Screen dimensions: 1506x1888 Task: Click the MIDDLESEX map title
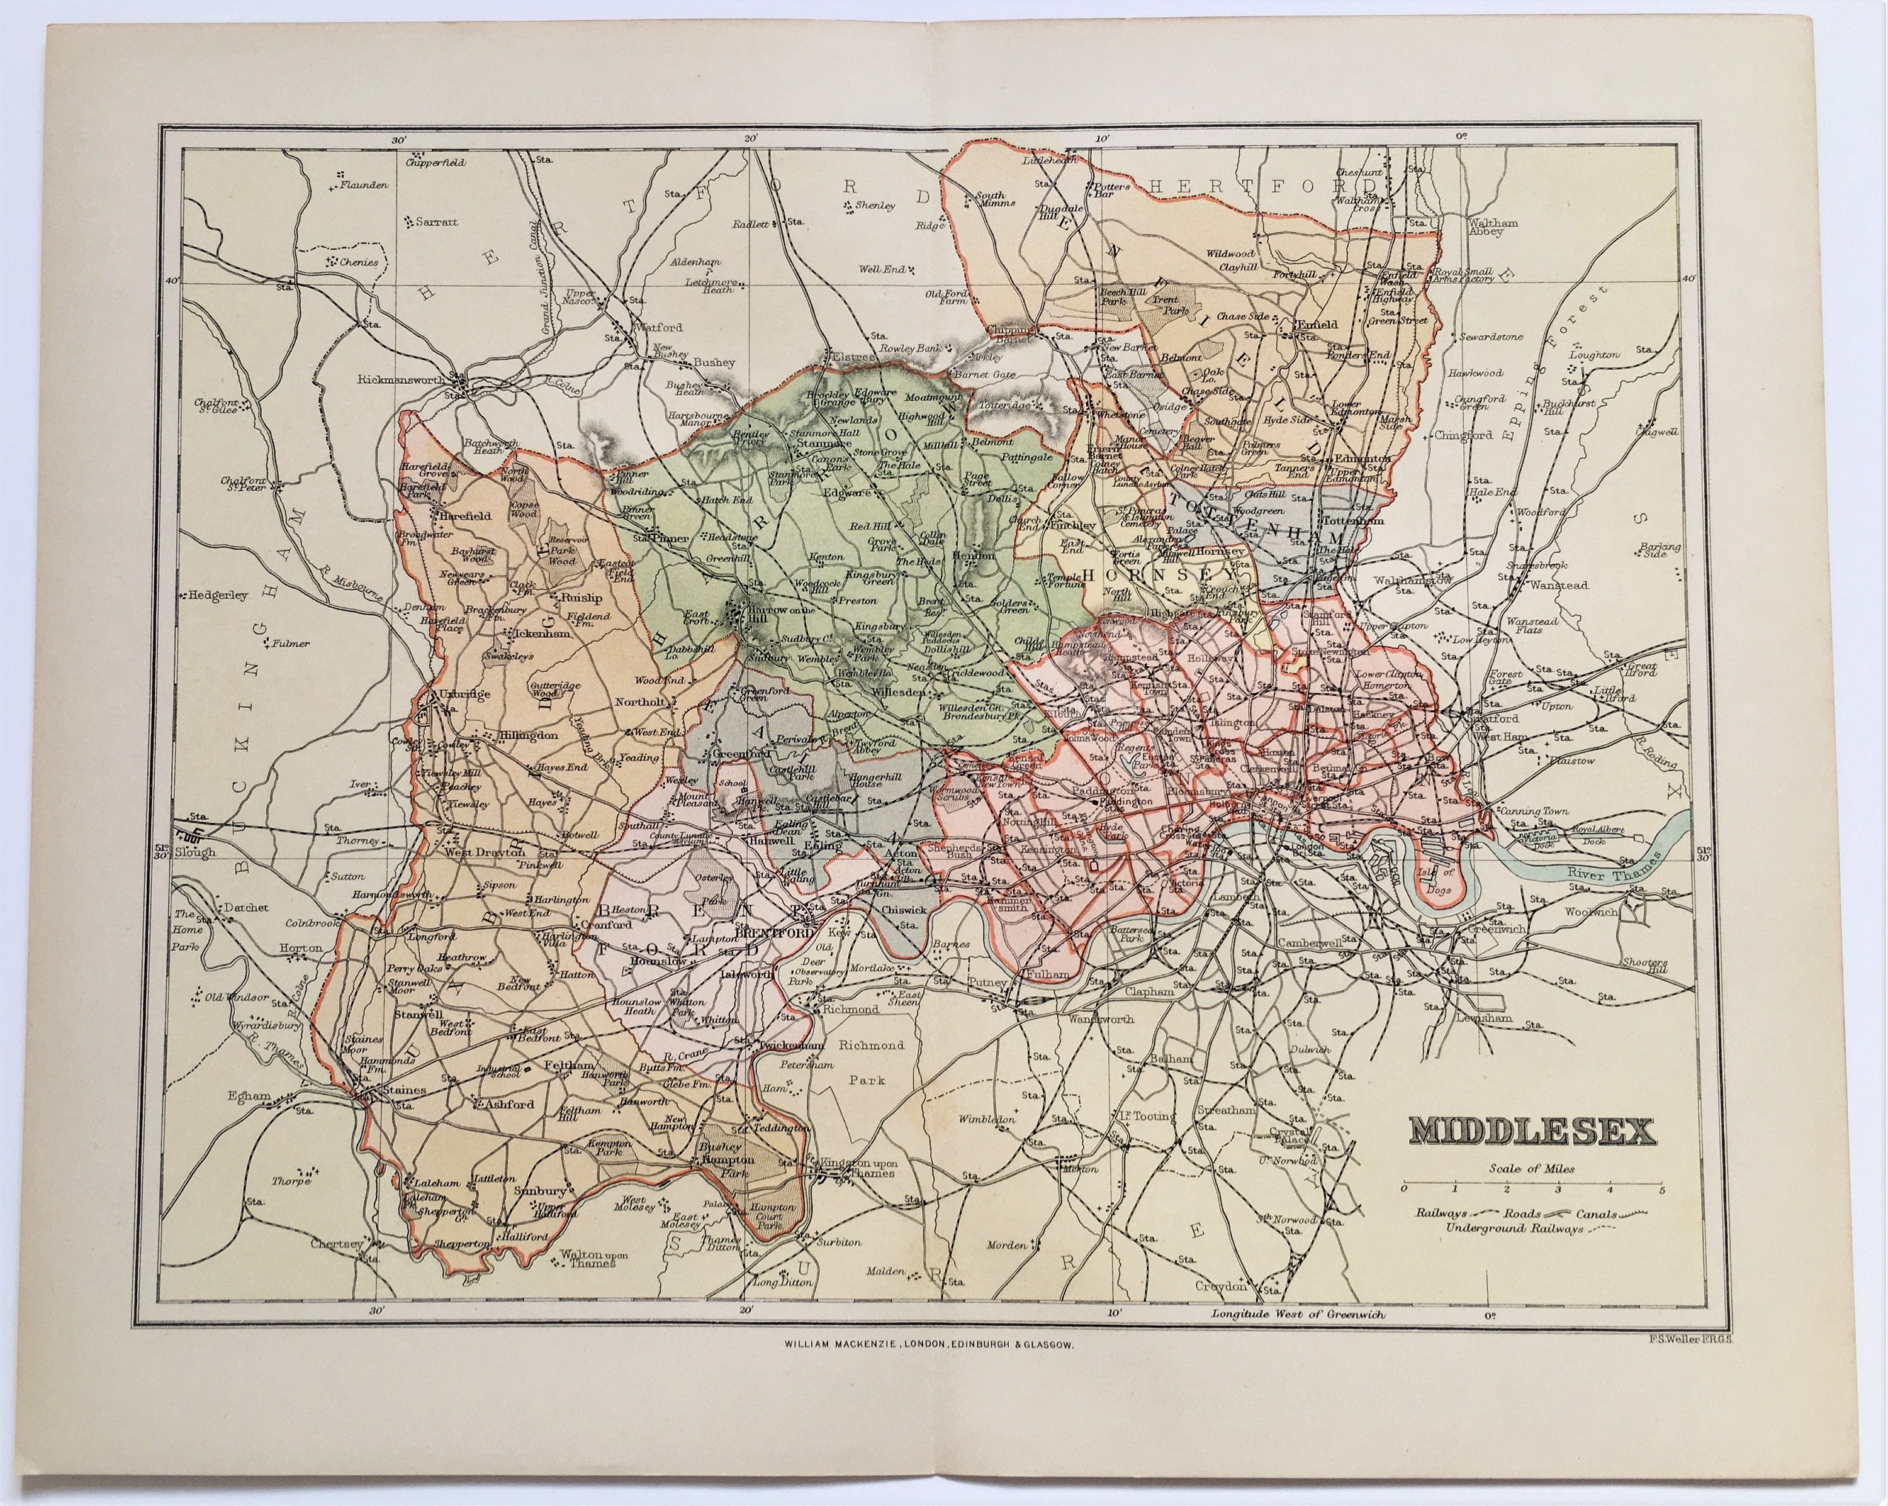[x=1533, y=1131]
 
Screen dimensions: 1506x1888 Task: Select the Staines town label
[x=405, y=1090]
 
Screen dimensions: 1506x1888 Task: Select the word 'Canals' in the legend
[x=1595, y=1215]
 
